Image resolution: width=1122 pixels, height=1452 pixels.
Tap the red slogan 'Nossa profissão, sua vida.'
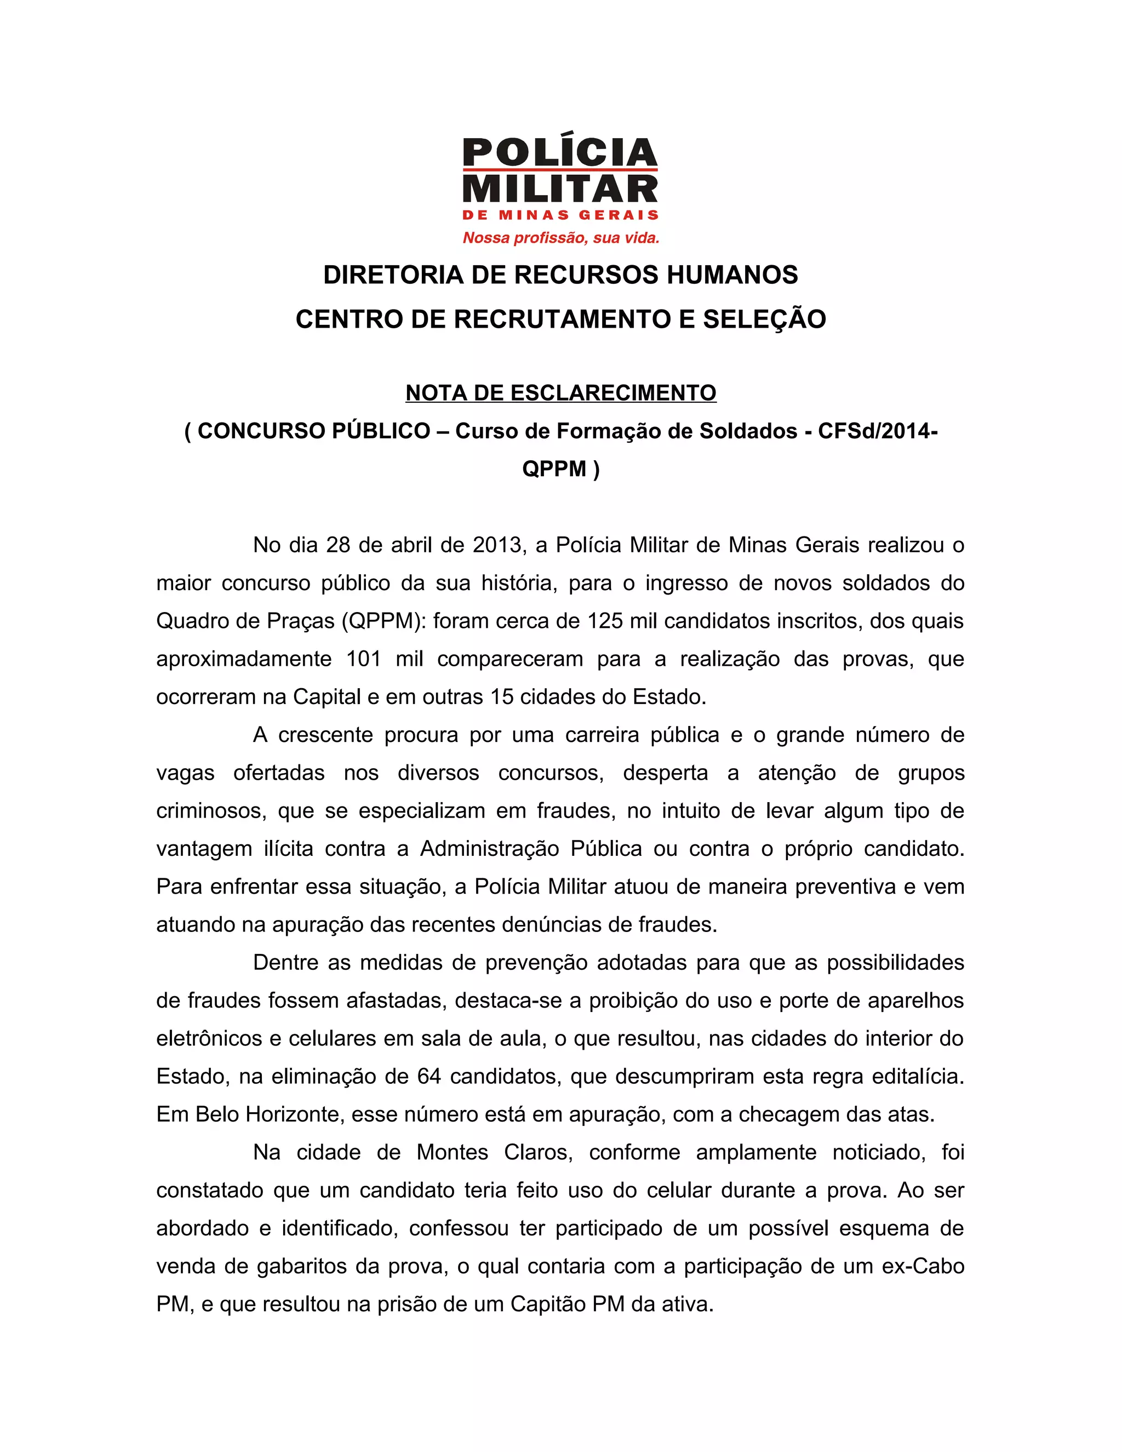point(560,237)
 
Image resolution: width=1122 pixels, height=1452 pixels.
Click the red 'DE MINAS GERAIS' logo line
point(560,215)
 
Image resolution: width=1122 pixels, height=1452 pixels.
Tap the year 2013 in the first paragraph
point(498,545)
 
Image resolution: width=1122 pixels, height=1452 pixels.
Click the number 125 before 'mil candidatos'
point(605,621)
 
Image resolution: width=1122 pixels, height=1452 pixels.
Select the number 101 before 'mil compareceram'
point(364,659)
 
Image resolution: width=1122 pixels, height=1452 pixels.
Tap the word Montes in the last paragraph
point(453,1152)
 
